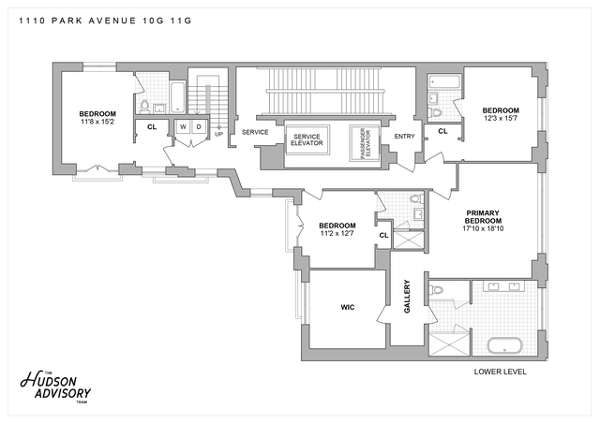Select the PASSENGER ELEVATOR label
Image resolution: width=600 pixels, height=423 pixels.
[x=364, y=142]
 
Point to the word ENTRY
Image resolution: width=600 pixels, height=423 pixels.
[x=404, y=137]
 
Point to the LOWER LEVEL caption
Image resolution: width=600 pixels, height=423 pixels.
[x=501, y=372]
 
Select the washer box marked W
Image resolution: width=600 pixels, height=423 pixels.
[x=183, y=126]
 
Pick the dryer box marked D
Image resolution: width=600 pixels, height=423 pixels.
[x=198, y=126]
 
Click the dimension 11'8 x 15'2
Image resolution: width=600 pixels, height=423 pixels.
[x=97, y=122]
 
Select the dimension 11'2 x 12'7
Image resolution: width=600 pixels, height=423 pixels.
[x=337, y=234]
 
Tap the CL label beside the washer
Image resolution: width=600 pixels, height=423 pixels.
[x=152, y=126]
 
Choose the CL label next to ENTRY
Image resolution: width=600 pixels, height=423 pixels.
[x=442, y=132]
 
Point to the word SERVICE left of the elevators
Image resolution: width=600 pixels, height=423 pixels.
[x=255, y=132]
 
